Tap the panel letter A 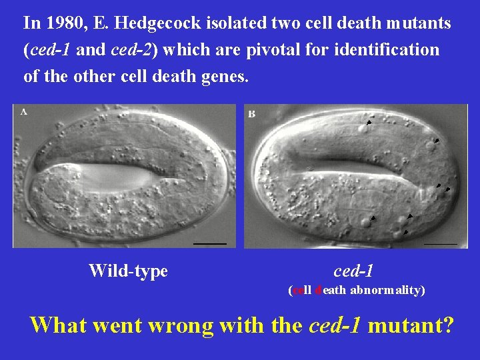click(24, 112)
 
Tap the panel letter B click(251, 114)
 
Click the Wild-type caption click(128, 271)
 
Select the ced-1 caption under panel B click(353, 271)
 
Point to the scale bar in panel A click(210, 243)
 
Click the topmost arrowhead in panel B click(368, 123)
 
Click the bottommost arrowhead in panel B click(405, 233)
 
